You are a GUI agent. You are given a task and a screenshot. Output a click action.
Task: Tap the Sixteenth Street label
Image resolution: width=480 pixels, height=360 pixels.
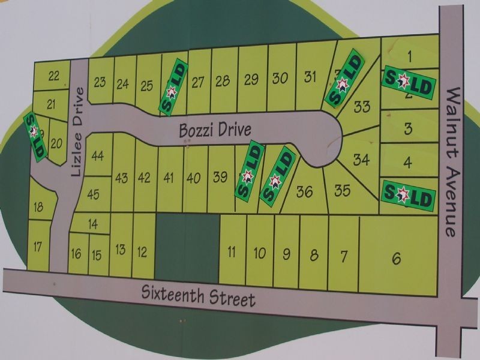coord(199,295)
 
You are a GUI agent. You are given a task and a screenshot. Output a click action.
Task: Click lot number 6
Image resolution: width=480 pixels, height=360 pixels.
coord(395,259)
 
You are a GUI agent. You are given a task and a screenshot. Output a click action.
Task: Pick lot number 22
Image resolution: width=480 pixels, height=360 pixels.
coord(54,76)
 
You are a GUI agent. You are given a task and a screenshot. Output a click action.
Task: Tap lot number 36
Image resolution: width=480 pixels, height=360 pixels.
coord(305,192)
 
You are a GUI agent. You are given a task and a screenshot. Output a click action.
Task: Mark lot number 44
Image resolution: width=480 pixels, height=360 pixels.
coord(98,156)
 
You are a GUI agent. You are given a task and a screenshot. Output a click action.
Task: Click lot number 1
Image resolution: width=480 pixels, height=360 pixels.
coord(409,57)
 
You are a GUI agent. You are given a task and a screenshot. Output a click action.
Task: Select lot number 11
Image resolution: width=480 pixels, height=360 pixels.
coord(232,252)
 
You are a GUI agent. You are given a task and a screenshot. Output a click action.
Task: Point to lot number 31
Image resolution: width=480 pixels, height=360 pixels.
coord(310,77)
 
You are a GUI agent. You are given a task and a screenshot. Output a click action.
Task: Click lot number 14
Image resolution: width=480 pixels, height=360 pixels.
coord(93,224)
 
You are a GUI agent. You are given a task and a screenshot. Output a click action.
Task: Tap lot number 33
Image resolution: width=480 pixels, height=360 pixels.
coord(362,107)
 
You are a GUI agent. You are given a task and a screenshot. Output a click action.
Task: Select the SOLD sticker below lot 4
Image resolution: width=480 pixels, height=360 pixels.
coord(408,194)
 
